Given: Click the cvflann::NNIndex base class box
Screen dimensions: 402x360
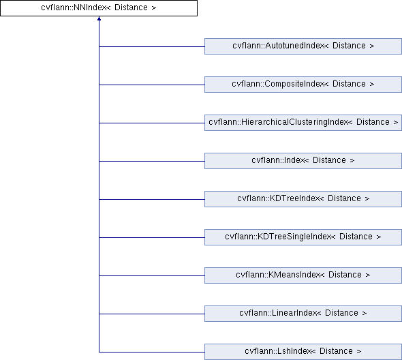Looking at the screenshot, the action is [x=99, y=8].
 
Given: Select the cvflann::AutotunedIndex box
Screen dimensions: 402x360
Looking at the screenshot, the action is [x=303, y=46].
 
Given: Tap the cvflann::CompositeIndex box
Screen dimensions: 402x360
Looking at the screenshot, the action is [x=303, y=85].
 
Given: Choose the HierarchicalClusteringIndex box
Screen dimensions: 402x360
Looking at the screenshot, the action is [x=303, y=123].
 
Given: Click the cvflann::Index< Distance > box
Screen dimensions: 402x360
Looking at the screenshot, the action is [x=303, y=161].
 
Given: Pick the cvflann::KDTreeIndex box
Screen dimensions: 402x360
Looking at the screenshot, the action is [x=303, y=199].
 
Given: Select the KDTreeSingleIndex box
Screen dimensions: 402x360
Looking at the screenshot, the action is [x=303, y=237].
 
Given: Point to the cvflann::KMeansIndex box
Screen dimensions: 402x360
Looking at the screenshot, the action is [x=303, y=275].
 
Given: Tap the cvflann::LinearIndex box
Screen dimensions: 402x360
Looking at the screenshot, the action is [x=303, y=314].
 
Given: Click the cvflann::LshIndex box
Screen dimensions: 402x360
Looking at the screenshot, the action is [x=303, y=352].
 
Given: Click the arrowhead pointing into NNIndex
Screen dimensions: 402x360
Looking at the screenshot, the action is [x=99, y=18].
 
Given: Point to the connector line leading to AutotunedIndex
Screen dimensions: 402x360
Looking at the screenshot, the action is [x=152, y=46].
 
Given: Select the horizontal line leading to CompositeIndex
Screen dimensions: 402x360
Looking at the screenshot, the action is [x=152, y=85].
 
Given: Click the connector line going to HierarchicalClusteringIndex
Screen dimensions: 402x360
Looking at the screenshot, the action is [x=152, y=123].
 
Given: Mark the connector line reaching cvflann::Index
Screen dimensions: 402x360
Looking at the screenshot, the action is [x=152, y=161].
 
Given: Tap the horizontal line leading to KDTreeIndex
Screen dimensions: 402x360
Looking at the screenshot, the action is [x=152, y=199].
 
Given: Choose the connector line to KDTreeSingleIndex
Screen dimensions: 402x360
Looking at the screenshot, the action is [x=152, y=237].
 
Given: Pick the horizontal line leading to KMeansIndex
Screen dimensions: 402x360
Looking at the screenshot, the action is [x=152, y=276].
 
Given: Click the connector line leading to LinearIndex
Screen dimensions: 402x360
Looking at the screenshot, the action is [x=152, y=314].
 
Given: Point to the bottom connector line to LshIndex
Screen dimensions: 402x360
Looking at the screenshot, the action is [x=152, y=352].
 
